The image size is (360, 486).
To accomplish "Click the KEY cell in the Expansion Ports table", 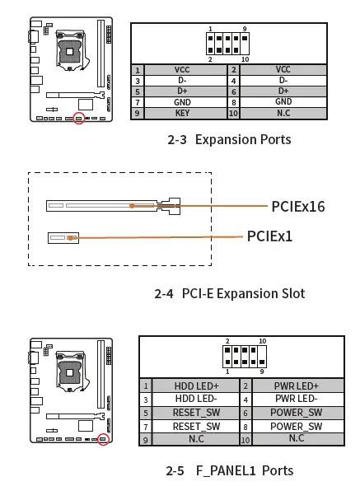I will (x=182, y=113).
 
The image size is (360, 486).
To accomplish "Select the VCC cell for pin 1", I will (x=182, y=70).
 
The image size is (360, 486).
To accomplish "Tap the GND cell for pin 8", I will (x=283, y=102).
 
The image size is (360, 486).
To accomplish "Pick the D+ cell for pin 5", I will (x=182, y=91).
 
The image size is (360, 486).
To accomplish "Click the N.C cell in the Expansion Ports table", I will (x=283, y=113).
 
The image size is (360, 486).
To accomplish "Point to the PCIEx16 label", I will (x=297, y=206).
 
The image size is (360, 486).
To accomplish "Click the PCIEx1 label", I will (x=269, y=236).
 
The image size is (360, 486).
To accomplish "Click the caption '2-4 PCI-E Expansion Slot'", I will (x=229, y=293).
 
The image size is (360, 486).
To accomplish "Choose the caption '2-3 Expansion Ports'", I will (x=229, y=139).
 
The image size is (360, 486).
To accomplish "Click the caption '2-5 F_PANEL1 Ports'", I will (x=229, y=470).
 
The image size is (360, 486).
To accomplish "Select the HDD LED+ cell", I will (x=196, y=386).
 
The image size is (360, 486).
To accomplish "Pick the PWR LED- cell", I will (x=296, y=399).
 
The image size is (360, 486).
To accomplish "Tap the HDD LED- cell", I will (x=196, y=399).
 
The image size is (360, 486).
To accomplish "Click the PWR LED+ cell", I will (x=296, y=386).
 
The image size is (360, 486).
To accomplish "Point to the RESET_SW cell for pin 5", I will (x=196, y=413).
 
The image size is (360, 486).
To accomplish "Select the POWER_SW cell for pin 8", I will (x=296, y=426).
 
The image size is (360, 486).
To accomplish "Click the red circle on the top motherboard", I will (x=80, y=119).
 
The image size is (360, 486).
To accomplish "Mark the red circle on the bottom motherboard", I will (x=103, y=439).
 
